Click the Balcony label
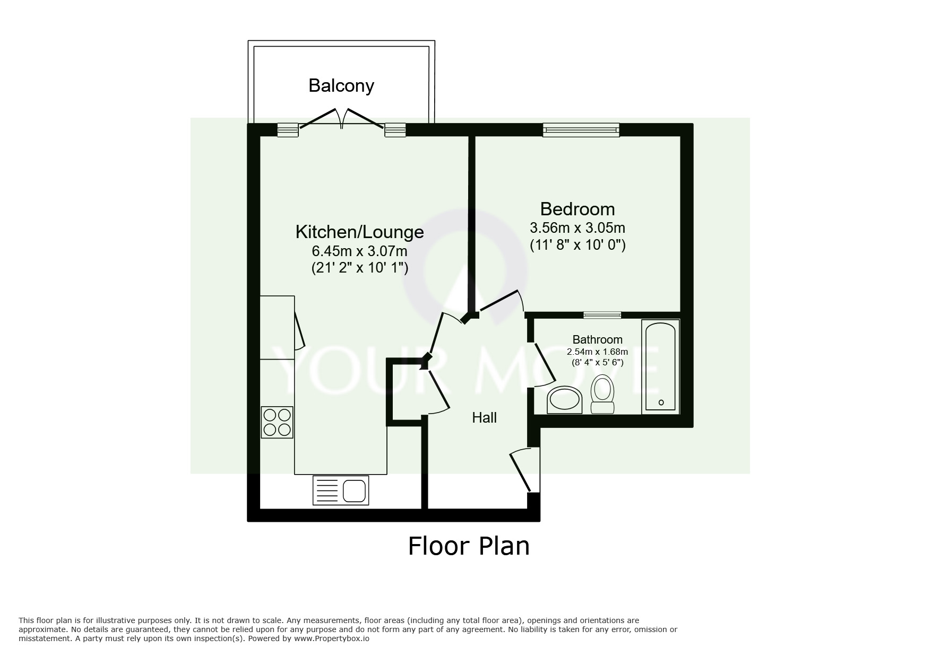tap(341, 86)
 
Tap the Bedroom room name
tap(577, 208)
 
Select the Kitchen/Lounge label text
tap(359, 232)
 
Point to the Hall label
tap(484, 418)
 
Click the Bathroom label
tap(598, 339)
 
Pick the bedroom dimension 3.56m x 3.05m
tap(577, 228)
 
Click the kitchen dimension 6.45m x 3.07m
tap(359, 251)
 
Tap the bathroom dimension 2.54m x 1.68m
tap(598, 352)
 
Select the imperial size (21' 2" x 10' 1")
tap(359, 268)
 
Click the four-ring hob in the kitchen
tap(277, 422)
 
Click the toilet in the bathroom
tap(602, 395)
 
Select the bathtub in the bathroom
tap(660, 366)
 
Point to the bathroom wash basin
tap(565, 399)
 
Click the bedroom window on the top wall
tap(581, 130)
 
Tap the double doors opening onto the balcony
tap(341, 119)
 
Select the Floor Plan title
tap(469, 546)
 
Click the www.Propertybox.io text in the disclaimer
tap(332, 638)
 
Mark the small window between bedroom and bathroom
tap(602, 315)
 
